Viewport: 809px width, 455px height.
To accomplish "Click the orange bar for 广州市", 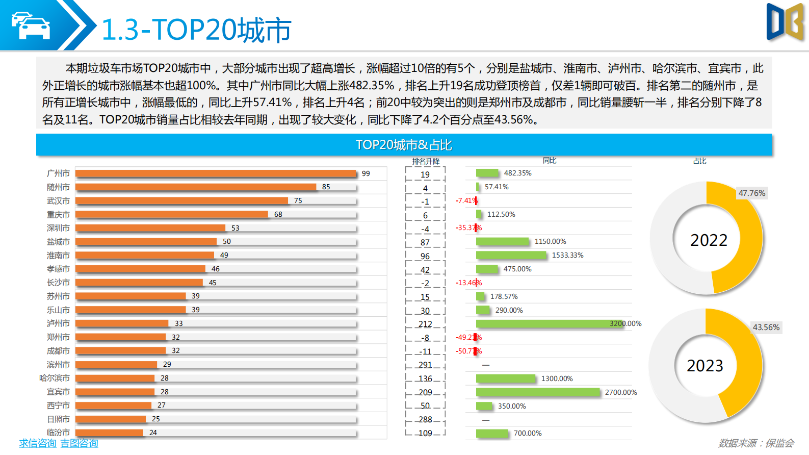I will click(216, 173).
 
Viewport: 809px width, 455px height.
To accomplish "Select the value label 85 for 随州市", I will click(326, 187).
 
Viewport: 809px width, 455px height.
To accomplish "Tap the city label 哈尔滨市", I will click(55, 378).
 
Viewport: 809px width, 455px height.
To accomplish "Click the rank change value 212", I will click(425, 324).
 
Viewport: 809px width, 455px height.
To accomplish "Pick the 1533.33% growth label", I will click(567, 255).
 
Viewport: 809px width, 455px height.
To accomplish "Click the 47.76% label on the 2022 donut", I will click(751, 193).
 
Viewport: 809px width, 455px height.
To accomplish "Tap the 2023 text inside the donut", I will click(705, 366).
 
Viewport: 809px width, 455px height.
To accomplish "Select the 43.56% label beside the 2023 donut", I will click(766, 327).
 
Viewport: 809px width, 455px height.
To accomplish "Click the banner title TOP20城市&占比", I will click(404, 145).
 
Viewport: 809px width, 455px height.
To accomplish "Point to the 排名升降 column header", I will click(426, 162).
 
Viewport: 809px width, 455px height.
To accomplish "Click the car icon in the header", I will click(31, 26).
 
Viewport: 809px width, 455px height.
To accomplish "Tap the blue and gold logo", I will click(785, 22).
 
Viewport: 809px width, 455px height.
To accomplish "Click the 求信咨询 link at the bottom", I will click(38, 443).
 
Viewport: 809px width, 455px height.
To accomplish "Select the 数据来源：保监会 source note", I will click(756, 443).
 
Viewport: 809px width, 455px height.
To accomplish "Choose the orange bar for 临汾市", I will click(109, 433).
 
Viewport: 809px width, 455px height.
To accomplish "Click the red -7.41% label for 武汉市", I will click(465, 201).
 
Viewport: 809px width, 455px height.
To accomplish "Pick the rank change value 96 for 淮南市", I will click(425, 257).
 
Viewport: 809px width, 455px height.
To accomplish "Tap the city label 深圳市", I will click(58, 228).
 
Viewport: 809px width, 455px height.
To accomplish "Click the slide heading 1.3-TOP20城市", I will click(196, 30).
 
